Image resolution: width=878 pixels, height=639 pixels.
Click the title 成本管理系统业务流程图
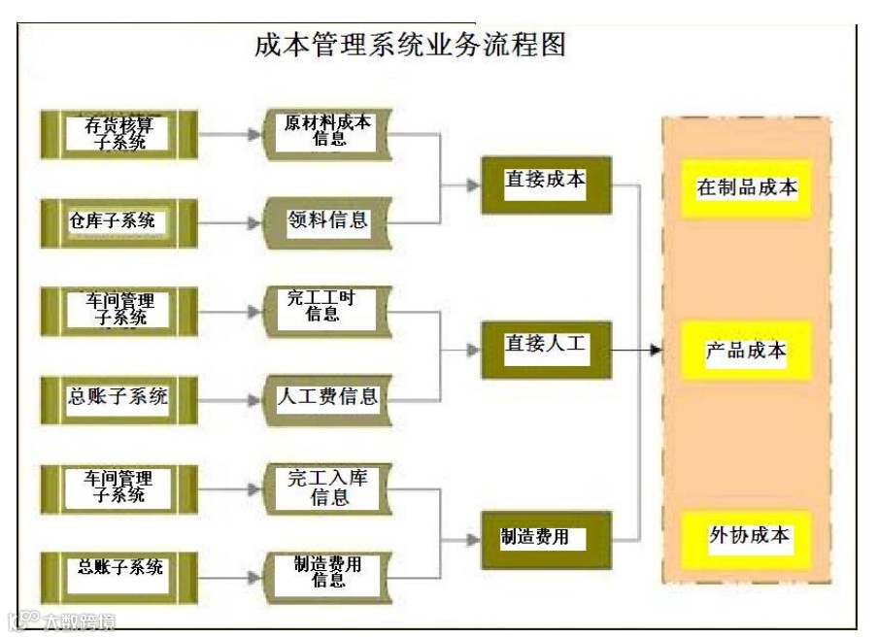[409, 45]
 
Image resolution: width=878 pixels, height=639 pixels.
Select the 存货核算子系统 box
[118, 133]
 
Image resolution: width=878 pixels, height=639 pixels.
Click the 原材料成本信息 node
[328, 133]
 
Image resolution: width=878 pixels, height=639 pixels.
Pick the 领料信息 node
[328, 221]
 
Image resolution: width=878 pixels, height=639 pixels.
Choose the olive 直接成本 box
[546, 184]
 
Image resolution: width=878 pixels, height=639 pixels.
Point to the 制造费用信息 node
[328, 574]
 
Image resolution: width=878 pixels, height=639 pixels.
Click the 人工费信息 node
[328, 398]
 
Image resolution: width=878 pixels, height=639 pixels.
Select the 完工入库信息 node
[328, 488]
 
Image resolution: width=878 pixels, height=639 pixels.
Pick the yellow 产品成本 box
[746, 351]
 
